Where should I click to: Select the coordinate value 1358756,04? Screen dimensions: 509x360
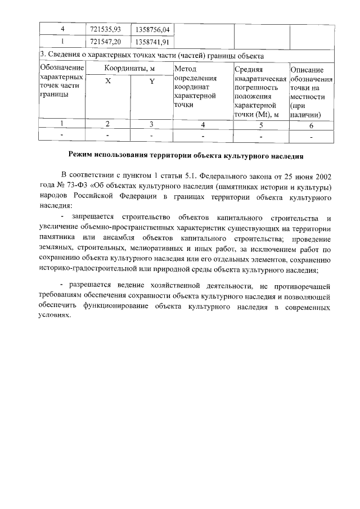[x=152, y=29]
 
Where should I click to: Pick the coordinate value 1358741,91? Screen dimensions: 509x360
[x=152, y=42]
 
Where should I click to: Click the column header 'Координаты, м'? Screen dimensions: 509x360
[x=129, y=69]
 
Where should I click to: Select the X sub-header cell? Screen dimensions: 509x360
[x=108, y=81]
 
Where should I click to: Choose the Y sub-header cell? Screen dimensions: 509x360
[x=152, y=81]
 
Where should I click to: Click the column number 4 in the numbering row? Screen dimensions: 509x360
[x=202, y=124]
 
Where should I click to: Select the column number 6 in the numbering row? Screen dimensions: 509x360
[x=311, y=125]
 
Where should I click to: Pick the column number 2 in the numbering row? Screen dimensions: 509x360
[x=108, y=124]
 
